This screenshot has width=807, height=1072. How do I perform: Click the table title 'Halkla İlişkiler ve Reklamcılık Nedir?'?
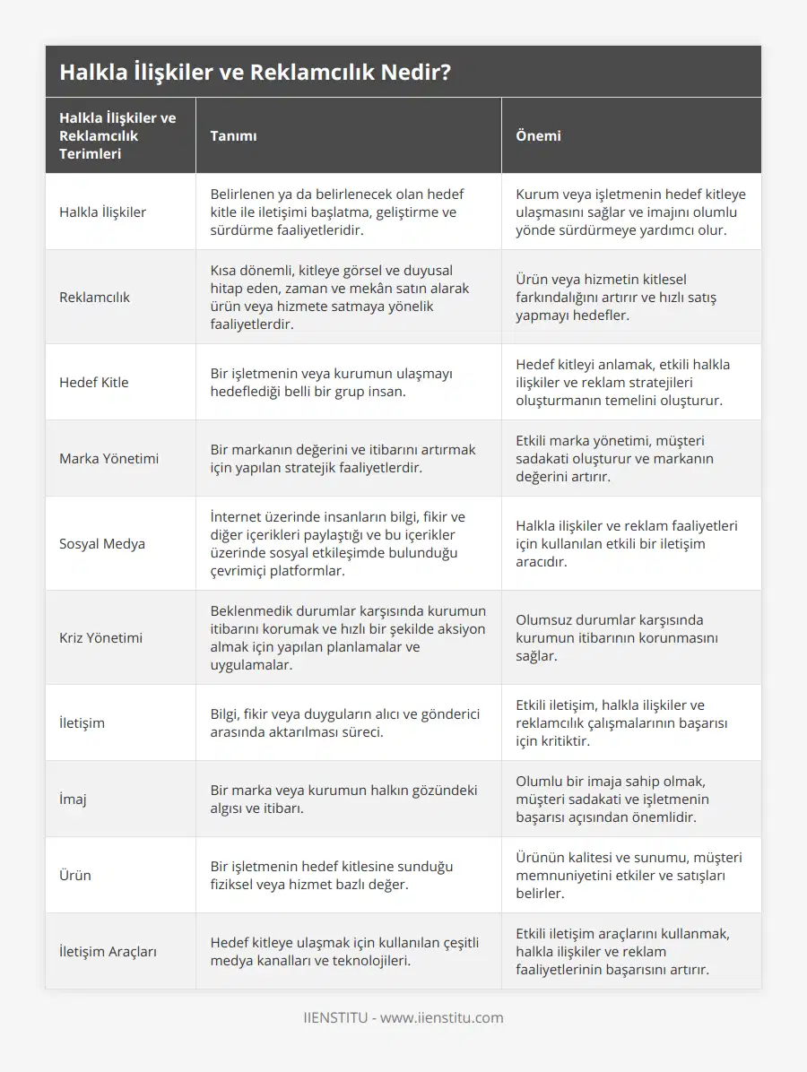pyautogui.click(x=255, y=72)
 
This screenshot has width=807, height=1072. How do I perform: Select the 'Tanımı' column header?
pyautogui.click(x=233, y=136)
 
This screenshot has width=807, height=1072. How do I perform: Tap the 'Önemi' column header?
pyautogui.click(x=538, y=136)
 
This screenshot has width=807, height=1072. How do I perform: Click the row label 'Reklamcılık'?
pyautogui.click(x=93, y=297)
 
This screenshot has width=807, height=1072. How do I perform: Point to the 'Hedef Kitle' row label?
pyautogui.click(x=93, y=382)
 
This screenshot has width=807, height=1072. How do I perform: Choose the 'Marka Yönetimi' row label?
pyautogui.click(x=108, y=458)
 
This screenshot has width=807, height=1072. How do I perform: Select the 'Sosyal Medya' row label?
pyautogui.click(x=101, y=543)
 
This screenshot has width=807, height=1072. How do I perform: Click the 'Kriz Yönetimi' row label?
pyautogui.click(x=100, y=637)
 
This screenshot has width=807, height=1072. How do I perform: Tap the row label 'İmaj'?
pyautogui.click(x=73, y=799)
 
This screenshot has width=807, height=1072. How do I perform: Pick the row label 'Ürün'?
pyautogui.click(x=75, y=875)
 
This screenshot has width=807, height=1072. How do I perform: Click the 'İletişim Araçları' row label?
pyautogui.click(x=108, y=951)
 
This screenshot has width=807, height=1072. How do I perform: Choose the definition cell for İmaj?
pyautogui.click(x=343, y=799)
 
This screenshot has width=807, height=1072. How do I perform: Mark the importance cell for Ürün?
pyautogui.click(x=629, y=875)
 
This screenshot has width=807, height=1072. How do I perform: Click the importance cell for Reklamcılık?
pyautogui.click(x=616, y=297)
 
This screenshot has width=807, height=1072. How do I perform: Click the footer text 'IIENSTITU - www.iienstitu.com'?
pyautogui.click(x=403, y=1017)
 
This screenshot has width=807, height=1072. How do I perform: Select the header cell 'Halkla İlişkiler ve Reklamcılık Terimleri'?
pyautogui.click(x=117, y=135)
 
